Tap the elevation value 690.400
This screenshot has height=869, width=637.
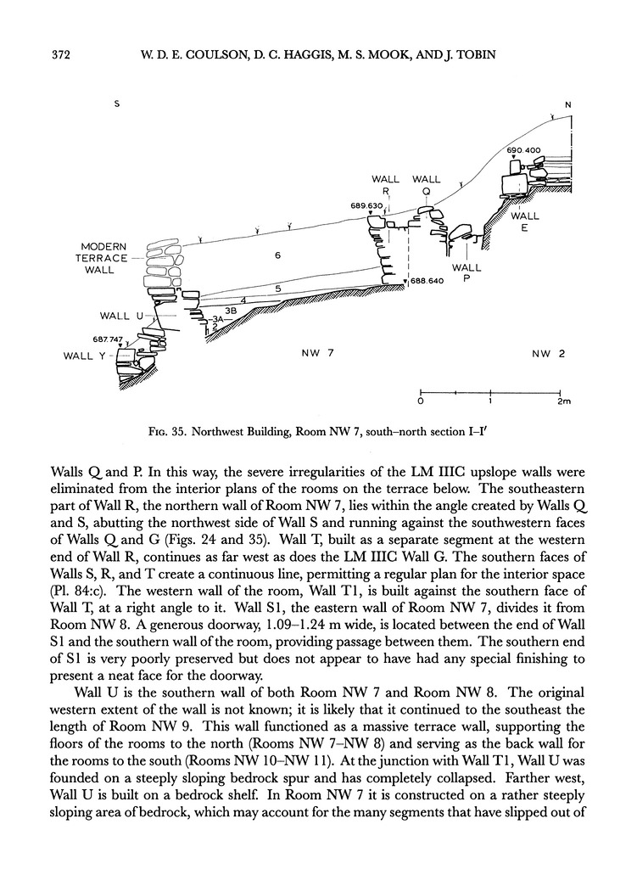click(524, 151)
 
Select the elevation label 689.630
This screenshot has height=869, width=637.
click(366, 205)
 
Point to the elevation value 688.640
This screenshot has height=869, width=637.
click(429, 281)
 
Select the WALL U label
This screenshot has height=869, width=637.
click(115, 317)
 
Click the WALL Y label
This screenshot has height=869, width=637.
click(84, 356)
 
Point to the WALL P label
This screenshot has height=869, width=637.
click(467, 274)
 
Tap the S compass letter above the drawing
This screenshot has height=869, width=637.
click(118, 104)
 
